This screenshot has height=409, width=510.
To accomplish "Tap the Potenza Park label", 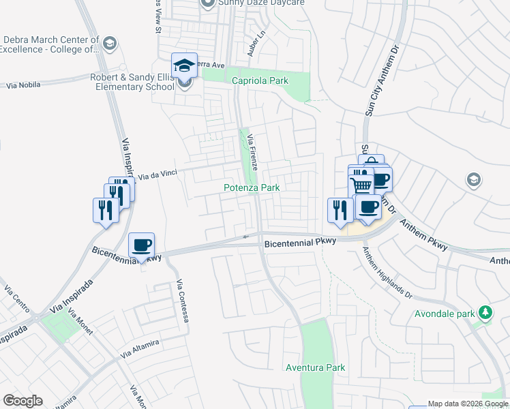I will [x=252, y=187].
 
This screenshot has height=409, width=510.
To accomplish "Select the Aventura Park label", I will [x=315, y=367].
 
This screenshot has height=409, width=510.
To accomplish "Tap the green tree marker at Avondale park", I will [x=485, y=313].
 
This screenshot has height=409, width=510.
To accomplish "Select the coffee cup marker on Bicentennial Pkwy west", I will [x=141, y=245].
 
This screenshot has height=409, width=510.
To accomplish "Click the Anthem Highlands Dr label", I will [x=387, y=272].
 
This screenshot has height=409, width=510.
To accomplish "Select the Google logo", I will [x=22, y=401].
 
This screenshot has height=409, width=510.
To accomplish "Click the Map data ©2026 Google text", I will [x=468, y=404].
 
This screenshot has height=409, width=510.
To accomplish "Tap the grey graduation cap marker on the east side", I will [x=473, y=180].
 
